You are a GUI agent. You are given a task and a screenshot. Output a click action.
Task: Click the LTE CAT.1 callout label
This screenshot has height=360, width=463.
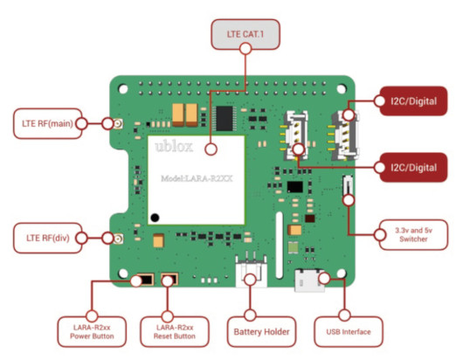click(245, 34)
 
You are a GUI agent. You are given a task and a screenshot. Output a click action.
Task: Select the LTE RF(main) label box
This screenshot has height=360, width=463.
click(47, 123)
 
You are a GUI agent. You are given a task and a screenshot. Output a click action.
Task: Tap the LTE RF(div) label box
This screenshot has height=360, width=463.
click(47, 238)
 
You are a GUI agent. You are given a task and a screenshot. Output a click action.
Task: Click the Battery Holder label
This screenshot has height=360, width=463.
click(261, 332)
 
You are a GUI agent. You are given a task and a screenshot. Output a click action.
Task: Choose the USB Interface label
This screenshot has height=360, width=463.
click(349, 332)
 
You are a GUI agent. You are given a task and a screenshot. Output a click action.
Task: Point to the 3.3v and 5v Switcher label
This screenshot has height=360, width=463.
click(413, 235)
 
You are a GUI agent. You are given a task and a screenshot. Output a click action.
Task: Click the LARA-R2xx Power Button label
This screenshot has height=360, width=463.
click(92, 332)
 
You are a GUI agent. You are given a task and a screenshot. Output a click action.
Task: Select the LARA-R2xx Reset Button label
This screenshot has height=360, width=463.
click(175, 332)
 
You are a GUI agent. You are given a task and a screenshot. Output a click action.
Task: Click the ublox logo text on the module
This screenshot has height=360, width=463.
click(174, 147)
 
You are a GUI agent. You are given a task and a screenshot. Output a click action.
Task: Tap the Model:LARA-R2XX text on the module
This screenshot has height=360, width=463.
click(197, 178)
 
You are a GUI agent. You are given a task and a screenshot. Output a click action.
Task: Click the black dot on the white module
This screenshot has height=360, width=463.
click(155, 218)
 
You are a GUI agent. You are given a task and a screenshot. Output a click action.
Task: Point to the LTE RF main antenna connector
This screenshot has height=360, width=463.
click(119, 124)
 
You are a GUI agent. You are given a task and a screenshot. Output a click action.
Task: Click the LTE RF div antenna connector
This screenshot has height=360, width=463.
click(119, 239)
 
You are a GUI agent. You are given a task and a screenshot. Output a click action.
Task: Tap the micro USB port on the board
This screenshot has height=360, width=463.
click(309, 280)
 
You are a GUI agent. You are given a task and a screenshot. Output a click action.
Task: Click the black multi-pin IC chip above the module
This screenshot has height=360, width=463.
click(225, 118)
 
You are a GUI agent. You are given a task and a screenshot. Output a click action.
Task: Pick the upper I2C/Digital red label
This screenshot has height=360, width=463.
click(413, 101)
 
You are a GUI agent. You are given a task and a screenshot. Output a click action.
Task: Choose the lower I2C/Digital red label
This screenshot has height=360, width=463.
click(413, 168)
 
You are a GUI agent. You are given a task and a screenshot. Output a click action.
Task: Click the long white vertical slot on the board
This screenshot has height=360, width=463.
click(280, 245)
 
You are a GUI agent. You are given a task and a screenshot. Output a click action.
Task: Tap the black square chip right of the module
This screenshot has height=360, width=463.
click(295, 187)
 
